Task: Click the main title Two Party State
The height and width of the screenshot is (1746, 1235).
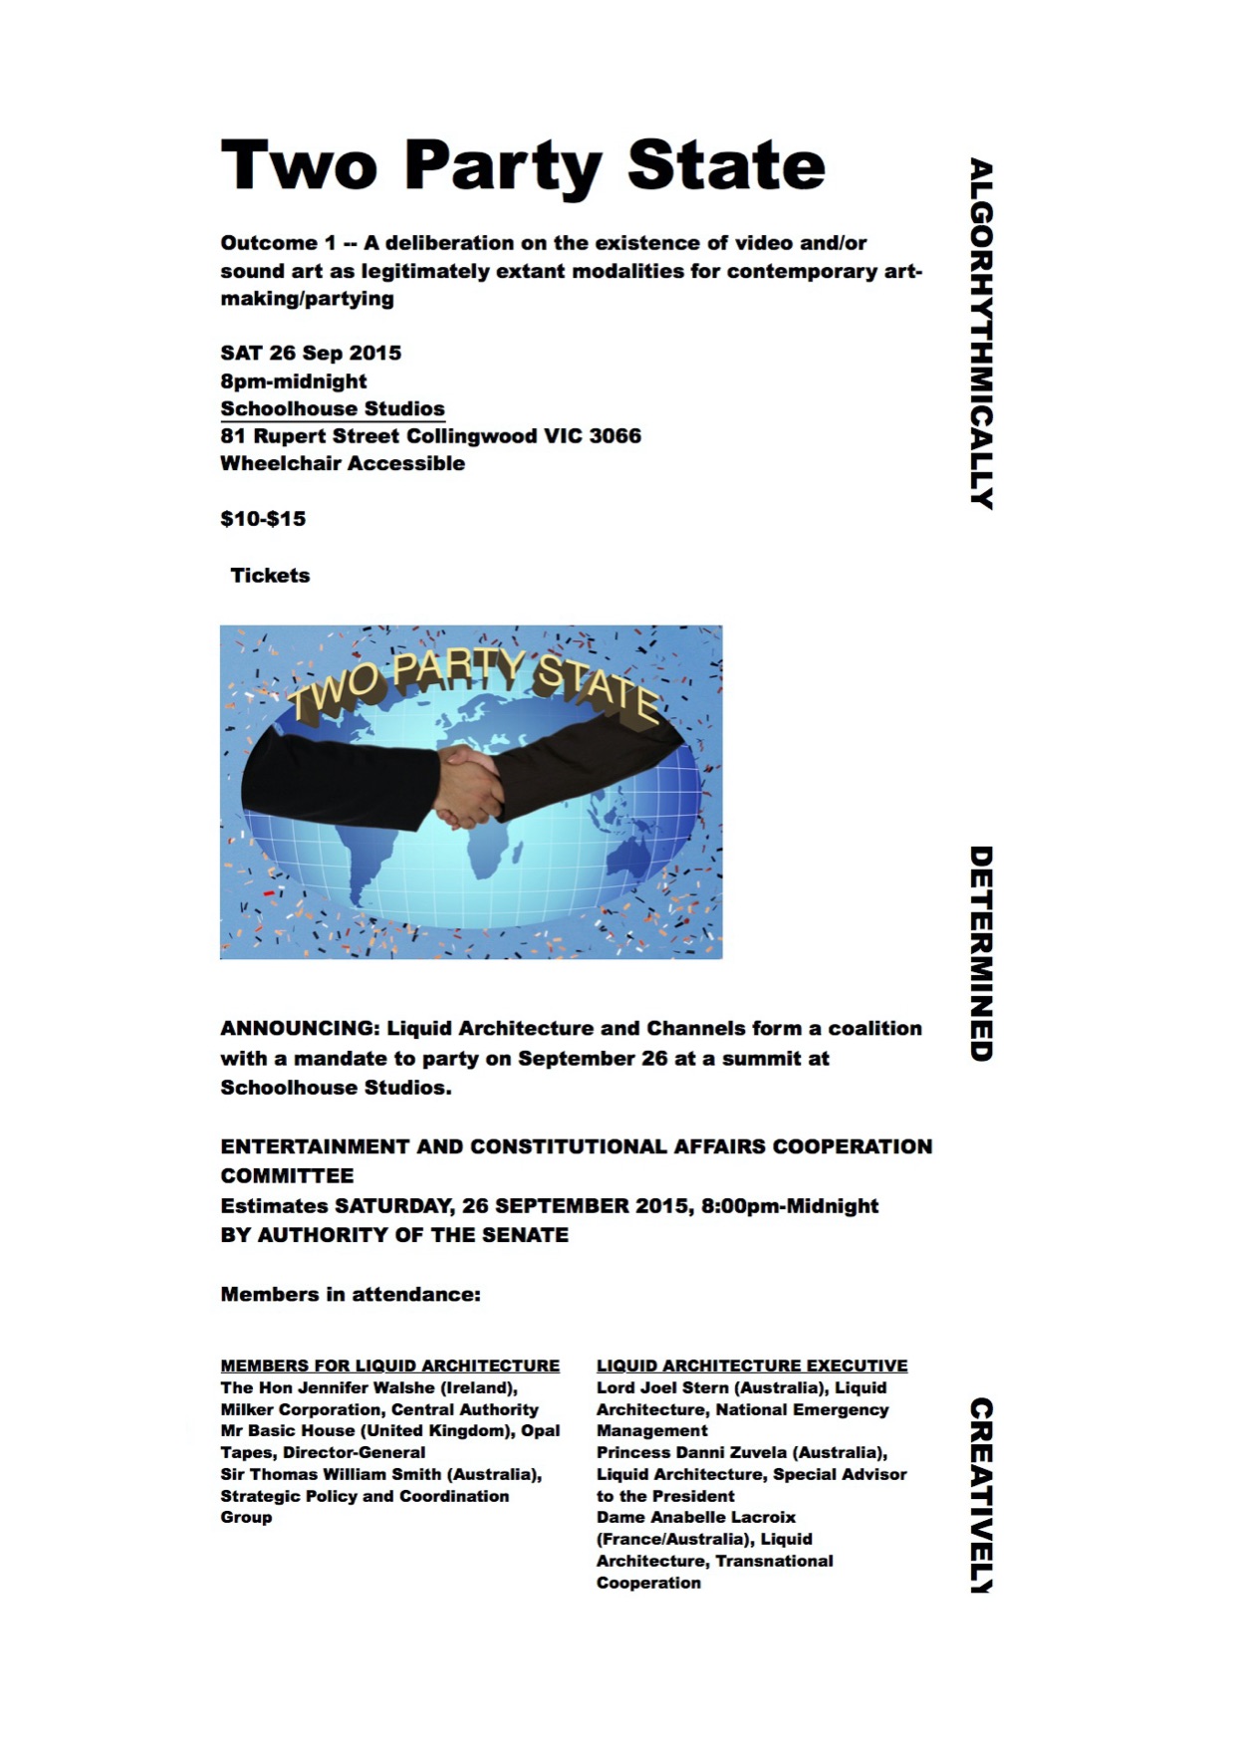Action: [523, 164]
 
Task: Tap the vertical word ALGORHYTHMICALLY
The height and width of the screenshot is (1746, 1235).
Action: [981, 334]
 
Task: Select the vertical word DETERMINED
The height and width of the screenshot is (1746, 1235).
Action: [981, 953]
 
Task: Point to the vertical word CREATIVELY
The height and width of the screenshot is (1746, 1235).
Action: [981, 1495]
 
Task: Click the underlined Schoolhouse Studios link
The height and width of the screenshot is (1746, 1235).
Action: [333, 408]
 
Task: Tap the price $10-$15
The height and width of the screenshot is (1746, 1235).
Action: [263, 519]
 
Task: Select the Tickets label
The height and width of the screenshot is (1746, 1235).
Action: [270, 576]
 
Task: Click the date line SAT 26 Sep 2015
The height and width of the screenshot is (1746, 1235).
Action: [311, 354]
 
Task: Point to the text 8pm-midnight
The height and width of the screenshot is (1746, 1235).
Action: [294, 381]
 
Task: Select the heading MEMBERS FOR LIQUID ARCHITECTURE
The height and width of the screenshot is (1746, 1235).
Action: [389, 1366]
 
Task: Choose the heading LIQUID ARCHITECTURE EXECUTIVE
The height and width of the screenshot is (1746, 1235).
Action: [752, 1366]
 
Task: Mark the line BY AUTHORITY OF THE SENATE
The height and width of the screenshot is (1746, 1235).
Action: [394, 1235]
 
